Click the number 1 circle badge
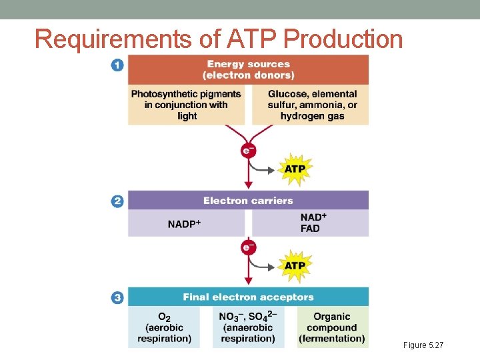coord(117,65)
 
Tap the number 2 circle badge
coord(117,201)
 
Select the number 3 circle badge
coord(117,297)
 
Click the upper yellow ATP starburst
coord(295,169)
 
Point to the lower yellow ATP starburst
coord(295,265)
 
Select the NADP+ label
coord(184,224)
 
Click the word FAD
coord(310,229)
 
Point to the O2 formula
coord(164,317)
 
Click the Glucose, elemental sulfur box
coord(311,105)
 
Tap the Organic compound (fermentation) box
coord(331,327)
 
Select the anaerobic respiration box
coord(248,327)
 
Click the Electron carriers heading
coord(248,201)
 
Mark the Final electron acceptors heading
coord(248,297)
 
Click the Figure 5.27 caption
coord(423,345)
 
